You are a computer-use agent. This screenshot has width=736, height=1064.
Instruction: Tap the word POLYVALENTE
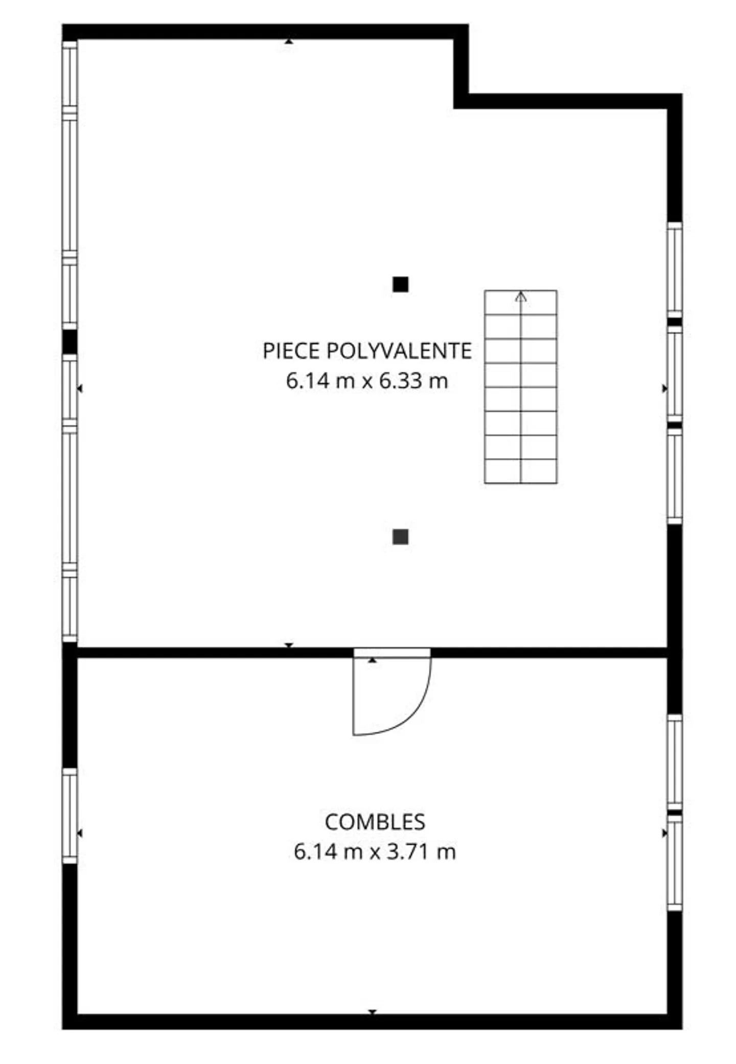pos(399,351)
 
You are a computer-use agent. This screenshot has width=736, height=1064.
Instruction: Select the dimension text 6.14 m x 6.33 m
pos(366,381)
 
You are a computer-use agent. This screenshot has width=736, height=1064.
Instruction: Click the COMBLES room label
pos(375,822)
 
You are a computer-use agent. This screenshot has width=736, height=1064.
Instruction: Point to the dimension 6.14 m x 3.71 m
pos(375,852)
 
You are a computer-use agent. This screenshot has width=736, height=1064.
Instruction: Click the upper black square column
pos(400,284)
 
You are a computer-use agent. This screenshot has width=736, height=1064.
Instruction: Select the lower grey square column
pos(400,537)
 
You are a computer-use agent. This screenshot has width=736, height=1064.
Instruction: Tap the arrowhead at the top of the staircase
pos(520,296)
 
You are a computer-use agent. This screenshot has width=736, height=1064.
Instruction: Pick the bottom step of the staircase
pos(520,471)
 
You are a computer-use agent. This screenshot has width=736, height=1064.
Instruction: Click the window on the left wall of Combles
pos(70,816)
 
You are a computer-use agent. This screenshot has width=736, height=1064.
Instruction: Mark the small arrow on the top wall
pos(289,41)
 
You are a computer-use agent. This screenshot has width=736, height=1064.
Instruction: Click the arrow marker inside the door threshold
pos(373,660)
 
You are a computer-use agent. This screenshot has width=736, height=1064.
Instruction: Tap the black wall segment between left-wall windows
pos(70,342)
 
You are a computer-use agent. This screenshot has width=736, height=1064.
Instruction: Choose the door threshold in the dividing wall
pos(392,653)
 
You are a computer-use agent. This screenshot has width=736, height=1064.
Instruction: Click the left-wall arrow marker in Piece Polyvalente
pos(80,389)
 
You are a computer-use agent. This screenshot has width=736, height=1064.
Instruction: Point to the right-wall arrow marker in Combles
pos(664,834)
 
